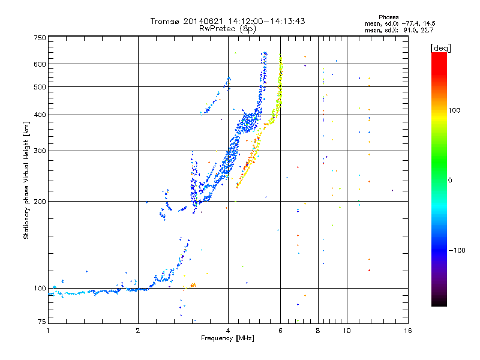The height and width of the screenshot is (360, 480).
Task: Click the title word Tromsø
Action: pos(164,21)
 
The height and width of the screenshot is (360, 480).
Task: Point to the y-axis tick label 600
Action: pos(40,64)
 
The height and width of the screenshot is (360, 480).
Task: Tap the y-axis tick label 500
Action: pos(40,87)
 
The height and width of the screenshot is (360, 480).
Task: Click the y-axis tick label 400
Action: pos(40,115)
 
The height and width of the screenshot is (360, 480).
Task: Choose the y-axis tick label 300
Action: pos(40,151)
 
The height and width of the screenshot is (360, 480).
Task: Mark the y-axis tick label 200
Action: pos(40,202)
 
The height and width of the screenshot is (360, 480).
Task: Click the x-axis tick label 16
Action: pos(407,331)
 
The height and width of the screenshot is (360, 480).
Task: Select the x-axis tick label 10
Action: pos(347,331)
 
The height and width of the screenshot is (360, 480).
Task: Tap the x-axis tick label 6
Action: pos(280,331)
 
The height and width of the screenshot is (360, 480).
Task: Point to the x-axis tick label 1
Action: pos(48,331)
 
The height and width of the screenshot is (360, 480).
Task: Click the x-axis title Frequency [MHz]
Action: pos(227,338)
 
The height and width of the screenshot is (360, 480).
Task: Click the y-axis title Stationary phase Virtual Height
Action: pos(26,180)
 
